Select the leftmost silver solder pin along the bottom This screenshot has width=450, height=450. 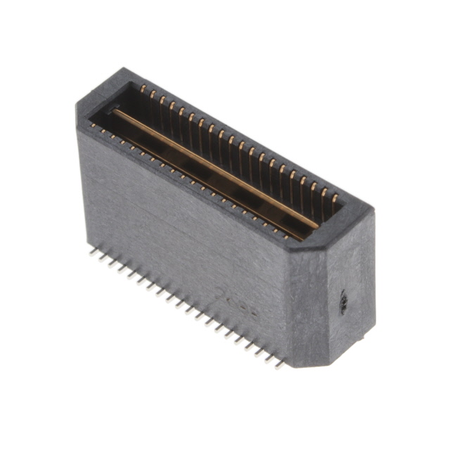(92, 248)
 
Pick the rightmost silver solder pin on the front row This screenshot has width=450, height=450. (281, 365)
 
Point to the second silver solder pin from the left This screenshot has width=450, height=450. (101, 254)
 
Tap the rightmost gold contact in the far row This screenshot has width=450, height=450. (334, 198)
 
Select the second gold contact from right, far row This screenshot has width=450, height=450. (324, 192)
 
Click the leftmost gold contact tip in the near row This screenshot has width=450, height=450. (92, 125)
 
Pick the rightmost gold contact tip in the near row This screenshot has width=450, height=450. (286, 237)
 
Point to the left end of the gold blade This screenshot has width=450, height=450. (116, 111)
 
